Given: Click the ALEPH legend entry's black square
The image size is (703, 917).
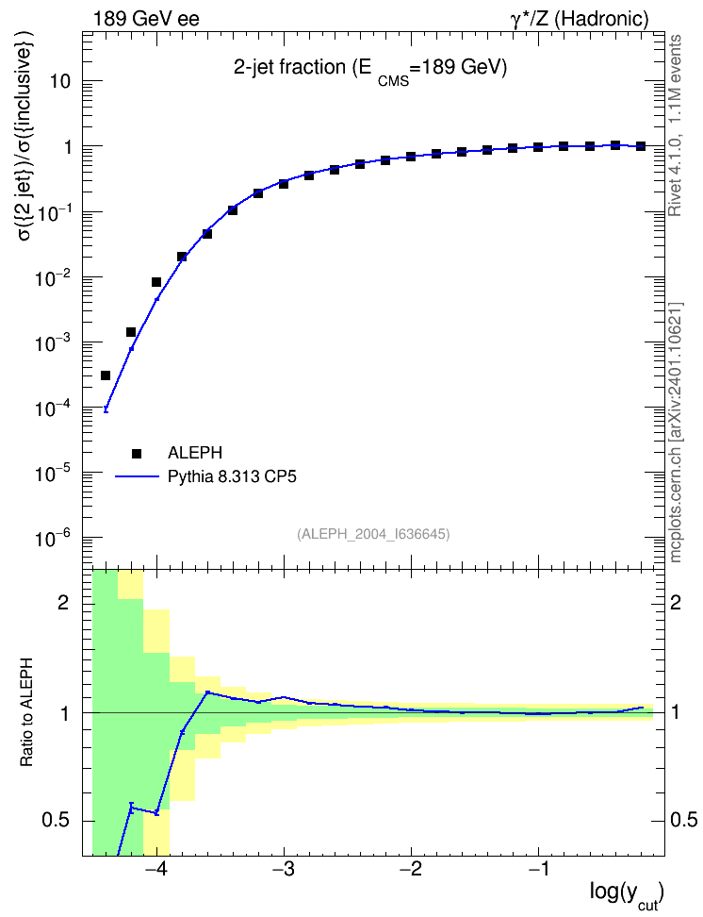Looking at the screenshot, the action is pyautogui.click(x=137, y=453).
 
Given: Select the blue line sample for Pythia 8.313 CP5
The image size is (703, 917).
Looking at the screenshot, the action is pyautogui.click(x=138, y=476).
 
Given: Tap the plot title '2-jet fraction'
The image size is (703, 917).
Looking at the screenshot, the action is pyautogui.click(x=290, y=68).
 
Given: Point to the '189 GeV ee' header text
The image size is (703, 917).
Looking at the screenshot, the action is pyautogui.click(x=146, y=19).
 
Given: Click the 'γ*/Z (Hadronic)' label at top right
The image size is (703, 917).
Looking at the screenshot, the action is pyautogui.click(x=580, y=19).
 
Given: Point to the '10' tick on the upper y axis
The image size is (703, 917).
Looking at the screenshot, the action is pyautogui.click(x=60, y=81).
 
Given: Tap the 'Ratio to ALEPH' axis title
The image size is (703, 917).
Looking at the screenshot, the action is pyautogui.click(x=26, y=713).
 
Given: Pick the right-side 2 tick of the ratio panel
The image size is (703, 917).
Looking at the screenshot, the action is pyautogui.click(x=676, y=603).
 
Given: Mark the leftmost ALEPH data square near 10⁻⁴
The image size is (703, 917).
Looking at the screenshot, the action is pyautogui.click(x=106, y=375).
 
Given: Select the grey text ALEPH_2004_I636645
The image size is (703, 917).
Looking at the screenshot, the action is pyautogui.click(x=373, y=534).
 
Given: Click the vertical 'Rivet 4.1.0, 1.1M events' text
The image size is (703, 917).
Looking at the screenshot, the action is pyautogui.click(x=676, y=125).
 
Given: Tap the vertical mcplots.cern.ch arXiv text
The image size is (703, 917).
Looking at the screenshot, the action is pyautogui.click(x=676, y=433).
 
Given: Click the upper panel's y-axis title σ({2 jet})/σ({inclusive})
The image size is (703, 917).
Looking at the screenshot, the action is pyautogui.click(x=26, y=143).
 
